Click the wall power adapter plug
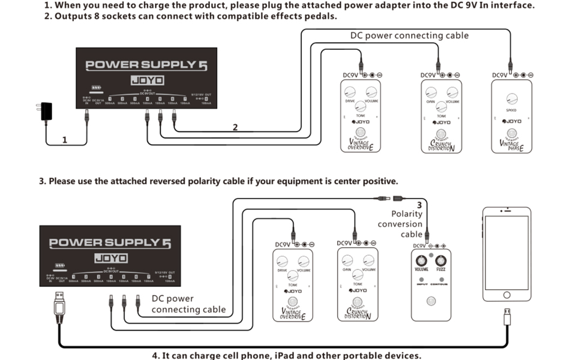[44, 112]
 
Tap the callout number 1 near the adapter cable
[65, 140]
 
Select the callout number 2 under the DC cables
[235, 127]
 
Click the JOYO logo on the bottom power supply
[112, 258]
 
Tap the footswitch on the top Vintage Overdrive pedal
[360, 133]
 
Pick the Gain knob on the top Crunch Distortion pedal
[430, 92]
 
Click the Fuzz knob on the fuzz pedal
[440, 260]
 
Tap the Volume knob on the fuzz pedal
[421, 260]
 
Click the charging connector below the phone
[507, 316]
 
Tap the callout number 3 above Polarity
[419, 205]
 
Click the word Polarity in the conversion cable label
[407, 214]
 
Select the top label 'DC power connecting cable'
[409, 35]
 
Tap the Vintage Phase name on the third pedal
[512, 145]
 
